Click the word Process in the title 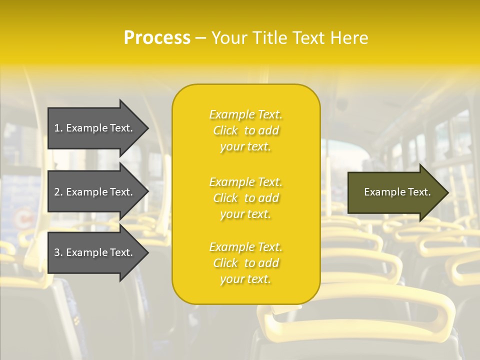tap(157, 38)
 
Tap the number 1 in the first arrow tap(57, 128)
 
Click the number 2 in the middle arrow tap(57, 192)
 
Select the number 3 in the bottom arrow tap(57, 252)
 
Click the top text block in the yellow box tap(246, 130)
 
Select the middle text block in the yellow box tap(246, 198)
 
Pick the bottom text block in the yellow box tap(246, 263)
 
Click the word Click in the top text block tap(225, 130)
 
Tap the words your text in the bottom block tap(245, 279)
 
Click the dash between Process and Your tap(200, 38)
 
